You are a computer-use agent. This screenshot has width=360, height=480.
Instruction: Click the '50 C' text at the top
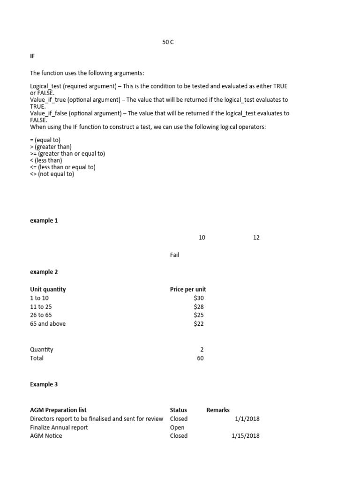tap(168, 42)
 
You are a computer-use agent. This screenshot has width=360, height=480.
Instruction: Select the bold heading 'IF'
tap(32, 56)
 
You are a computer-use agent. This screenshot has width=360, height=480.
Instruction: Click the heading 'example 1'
tap(44, 220)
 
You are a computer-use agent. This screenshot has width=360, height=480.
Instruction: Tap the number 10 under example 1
tap(202, 238)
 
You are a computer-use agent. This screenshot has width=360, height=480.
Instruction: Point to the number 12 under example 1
tap(256, 238)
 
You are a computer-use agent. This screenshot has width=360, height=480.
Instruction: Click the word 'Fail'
tap(174, 255)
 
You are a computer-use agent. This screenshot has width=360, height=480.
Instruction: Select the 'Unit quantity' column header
tap(48, 289)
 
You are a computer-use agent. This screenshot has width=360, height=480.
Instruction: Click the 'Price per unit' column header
tap(188, 289)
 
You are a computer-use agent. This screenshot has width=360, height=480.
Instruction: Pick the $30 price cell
tap(199, 298)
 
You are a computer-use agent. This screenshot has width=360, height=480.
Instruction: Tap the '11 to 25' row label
tap(41, 307)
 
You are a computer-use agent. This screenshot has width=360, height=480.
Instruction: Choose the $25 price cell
tap(199, 315)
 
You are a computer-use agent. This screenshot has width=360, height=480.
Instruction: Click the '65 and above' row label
tap(48, 323)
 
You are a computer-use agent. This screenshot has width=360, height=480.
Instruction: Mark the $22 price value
tap(199, 323)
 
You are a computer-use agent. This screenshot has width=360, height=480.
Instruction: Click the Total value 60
tap(201, 358)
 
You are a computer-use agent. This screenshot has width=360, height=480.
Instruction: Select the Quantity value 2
tap(202, 349)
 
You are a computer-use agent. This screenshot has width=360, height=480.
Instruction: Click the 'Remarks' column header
tap(218, 410)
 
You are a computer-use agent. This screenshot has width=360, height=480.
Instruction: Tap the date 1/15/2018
tap(246, 435)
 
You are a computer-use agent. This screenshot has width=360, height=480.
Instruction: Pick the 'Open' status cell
tap(177, 427)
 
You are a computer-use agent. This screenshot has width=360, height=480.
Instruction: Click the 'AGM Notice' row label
tap(46, 435)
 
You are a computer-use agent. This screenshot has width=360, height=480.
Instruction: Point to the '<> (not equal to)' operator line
tap(52, 174)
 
